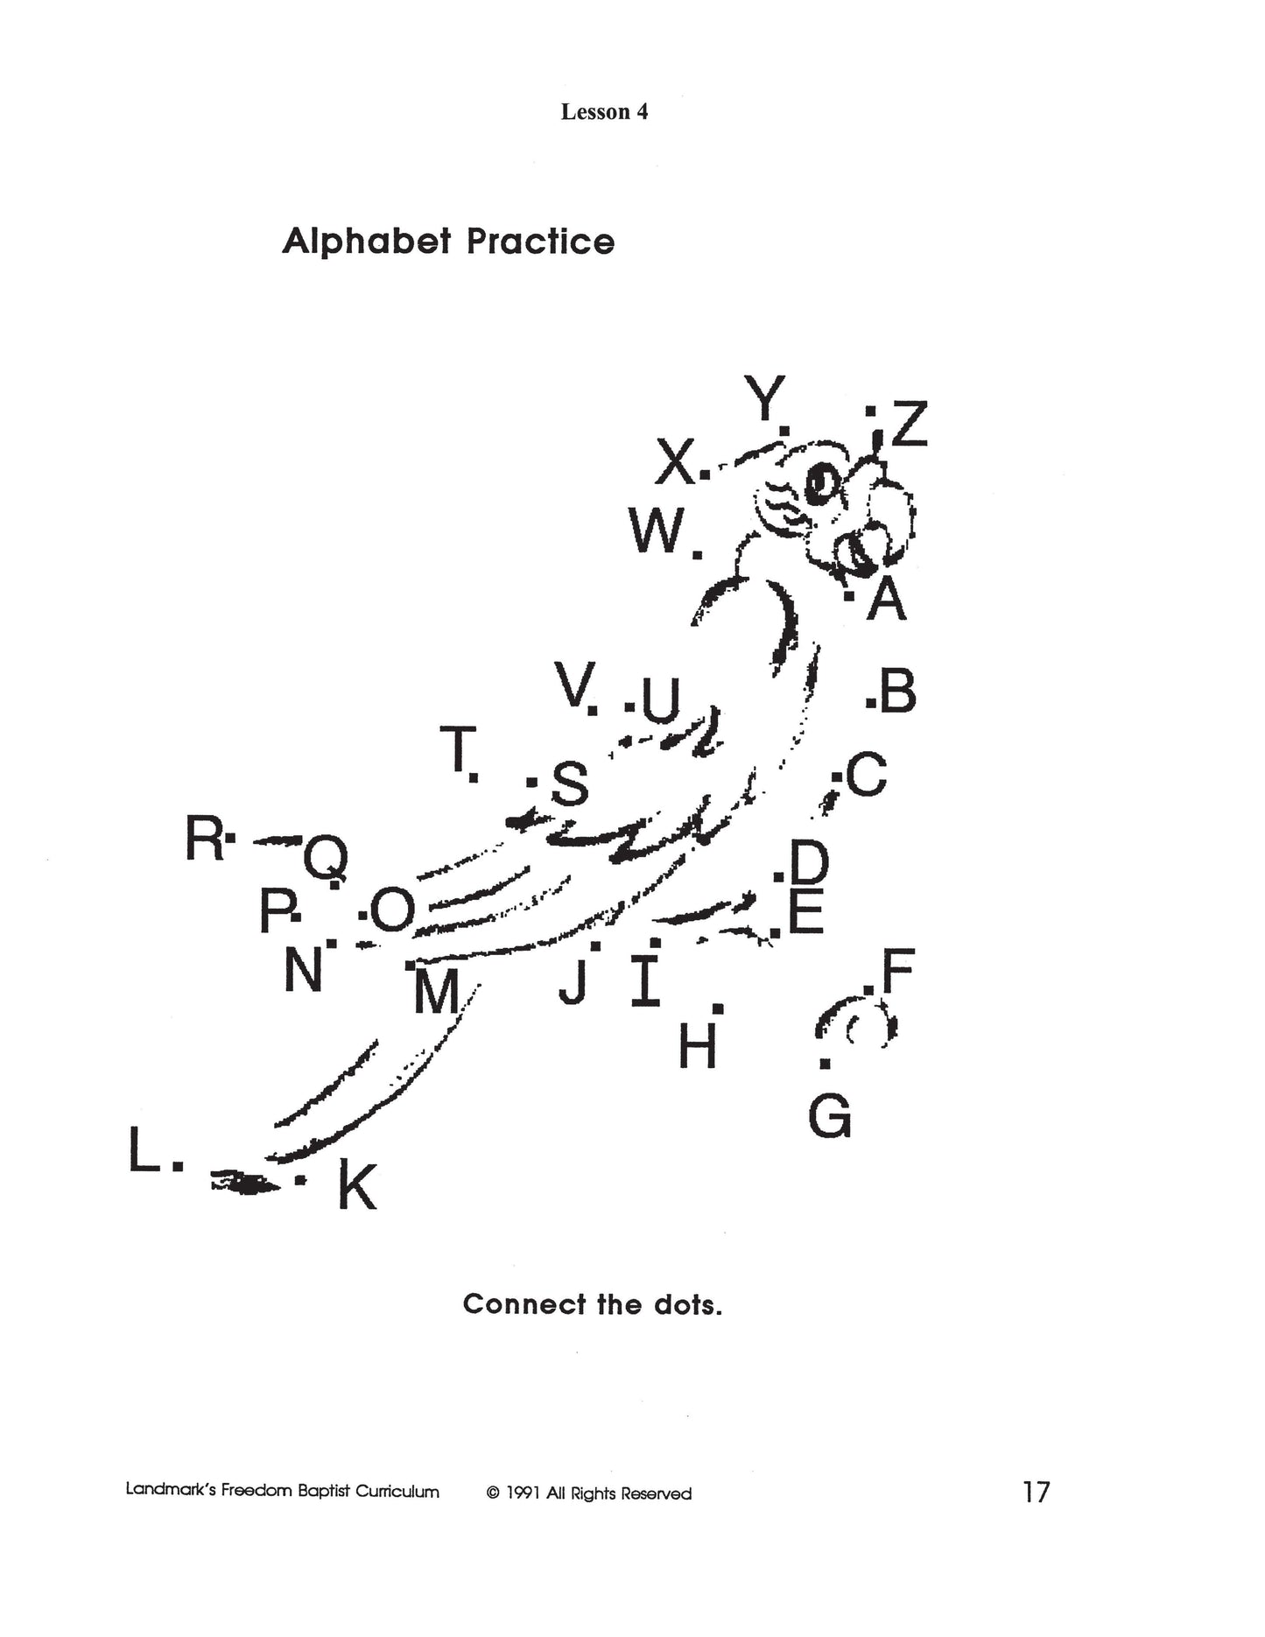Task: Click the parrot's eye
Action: [x=822, y=483]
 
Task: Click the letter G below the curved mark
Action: [x=829, y=1117]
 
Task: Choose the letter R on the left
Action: [x=204, y=838]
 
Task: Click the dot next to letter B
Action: [x=870, y=702]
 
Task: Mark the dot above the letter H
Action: [x=718, y=1008]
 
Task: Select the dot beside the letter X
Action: [x=706, y=476]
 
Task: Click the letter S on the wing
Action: [x=570, y=783]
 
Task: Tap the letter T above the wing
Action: [x=457, y=749]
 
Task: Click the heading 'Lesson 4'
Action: [x=604, y=112]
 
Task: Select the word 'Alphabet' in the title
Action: [x=367, y=242]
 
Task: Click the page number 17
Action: [x=1036, y=1492]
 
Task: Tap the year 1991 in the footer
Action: [x=524, y=1493]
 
